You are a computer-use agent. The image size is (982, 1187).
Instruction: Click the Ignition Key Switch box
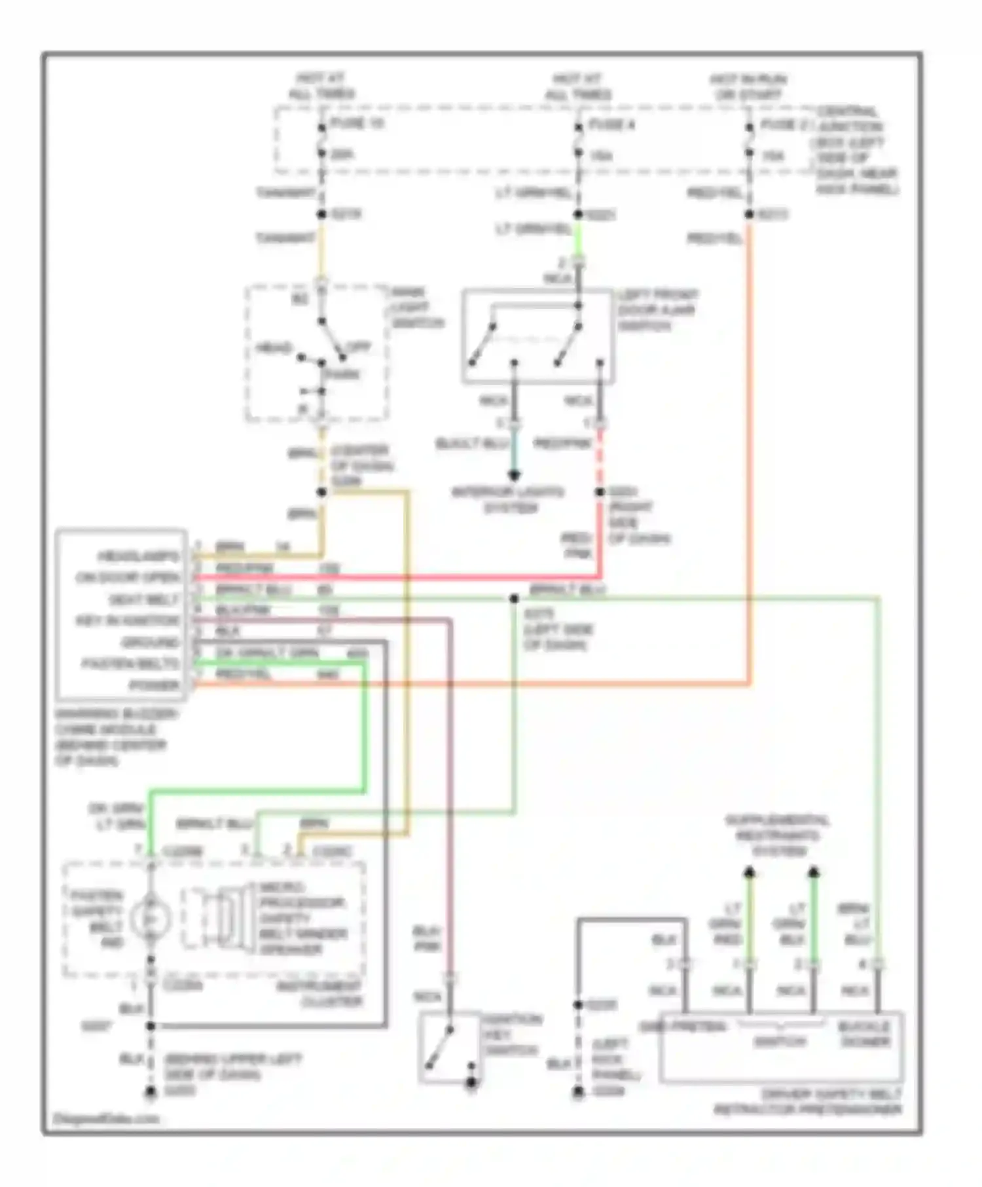click(x=450, y=1047)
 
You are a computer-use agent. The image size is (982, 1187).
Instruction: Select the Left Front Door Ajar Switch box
click(x=538, y=336)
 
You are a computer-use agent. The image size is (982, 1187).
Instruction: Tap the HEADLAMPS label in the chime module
click(x=138, y=557)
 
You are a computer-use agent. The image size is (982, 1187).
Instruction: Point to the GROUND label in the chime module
click(x=150, y=643)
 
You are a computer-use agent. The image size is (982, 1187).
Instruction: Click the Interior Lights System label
click(x=508, y=500)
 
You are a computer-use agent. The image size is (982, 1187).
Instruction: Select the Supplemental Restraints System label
click(x=777, y=836)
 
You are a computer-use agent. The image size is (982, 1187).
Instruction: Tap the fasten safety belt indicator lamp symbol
click(x=151, y=919)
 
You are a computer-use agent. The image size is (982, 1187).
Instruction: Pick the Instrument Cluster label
click(x=320, y=993)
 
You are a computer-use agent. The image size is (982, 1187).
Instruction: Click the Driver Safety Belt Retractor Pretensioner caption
click(x=808, y=1102)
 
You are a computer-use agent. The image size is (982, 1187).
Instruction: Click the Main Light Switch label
click(x=416, y=308)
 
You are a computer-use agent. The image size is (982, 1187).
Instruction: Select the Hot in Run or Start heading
click(x=748, y=87)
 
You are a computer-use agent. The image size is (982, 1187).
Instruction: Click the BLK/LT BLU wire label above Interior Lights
click(x=472, y=444)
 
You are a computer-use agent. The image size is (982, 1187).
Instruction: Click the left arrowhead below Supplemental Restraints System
click(x=750, y=872)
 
